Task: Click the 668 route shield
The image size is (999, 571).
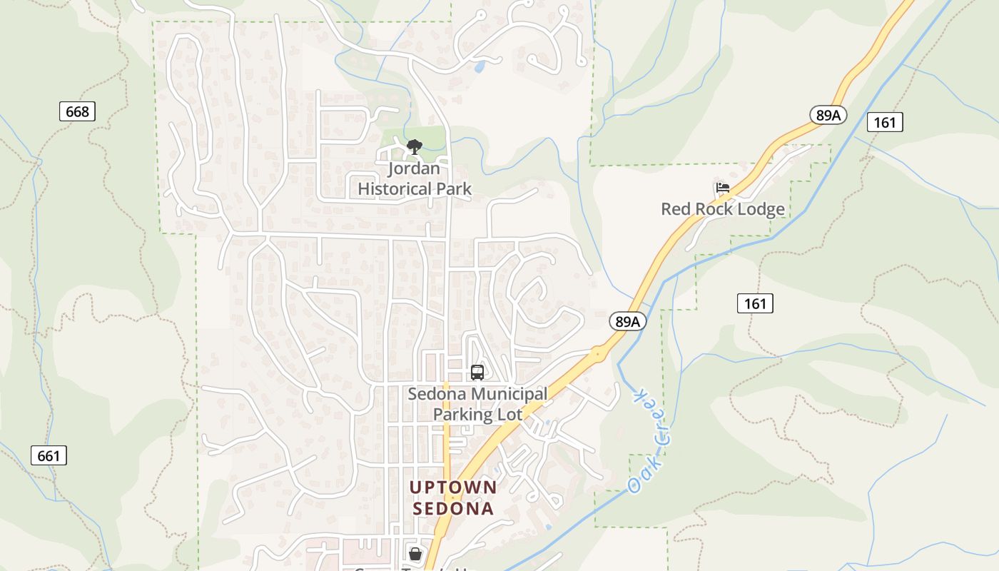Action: [x=77, y=111]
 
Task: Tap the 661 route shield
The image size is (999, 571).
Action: [x=49, y=455]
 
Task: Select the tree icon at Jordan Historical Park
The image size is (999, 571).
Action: [x=414, y=148]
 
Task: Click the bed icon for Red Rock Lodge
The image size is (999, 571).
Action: [x=722, y=188]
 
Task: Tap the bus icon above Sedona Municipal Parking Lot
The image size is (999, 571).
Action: [x=477, y=373]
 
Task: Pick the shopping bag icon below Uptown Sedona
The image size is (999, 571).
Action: [x=415, y=553]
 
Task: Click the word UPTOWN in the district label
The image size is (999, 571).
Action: [x=453, y=487]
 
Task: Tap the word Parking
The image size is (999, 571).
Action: [x=462, y=414]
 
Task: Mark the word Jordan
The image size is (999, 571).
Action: [x=414, y=169]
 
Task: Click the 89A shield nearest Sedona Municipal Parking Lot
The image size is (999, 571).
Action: [x=627, y=322]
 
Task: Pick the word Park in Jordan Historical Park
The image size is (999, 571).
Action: [x=457, y=189]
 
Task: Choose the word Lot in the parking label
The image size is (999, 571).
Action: [x=511, y=414]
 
